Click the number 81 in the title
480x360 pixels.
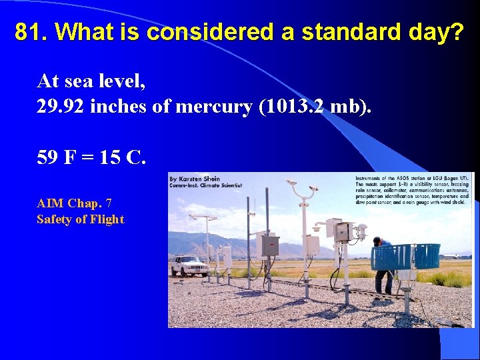(29, 32)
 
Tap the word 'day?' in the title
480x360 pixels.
(437, 32)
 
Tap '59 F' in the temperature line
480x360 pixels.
(55, 158)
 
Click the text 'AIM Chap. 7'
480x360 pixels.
(73, 203)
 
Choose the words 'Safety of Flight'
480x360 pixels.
(80, 219)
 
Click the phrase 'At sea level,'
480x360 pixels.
(91, 81)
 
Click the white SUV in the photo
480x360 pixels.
(189, 266)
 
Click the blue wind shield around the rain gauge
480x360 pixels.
(405, 257)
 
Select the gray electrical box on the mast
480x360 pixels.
(270, 246)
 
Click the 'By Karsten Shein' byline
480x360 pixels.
(195, 179)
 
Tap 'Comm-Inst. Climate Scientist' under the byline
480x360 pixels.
(205, 186)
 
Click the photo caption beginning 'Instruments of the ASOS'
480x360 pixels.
(412, 193)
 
